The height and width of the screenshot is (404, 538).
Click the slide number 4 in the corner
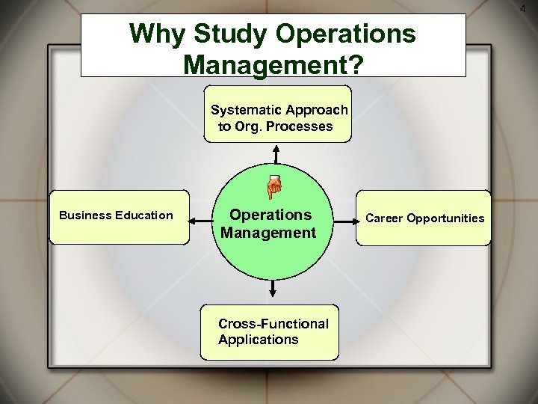(x=532, y=7)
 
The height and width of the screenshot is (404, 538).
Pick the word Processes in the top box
(x=297, y=126)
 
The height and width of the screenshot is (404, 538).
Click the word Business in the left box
(x=85, y=215)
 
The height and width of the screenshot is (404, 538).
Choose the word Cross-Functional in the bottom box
(x=273, y=324)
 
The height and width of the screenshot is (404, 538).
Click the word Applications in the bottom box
(x=258, y=340)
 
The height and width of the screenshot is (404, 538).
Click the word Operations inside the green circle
(x=270, y=215)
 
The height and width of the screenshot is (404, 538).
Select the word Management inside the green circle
(x=268, y=233)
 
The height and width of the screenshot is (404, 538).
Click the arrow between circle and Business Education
(x=202, y=221)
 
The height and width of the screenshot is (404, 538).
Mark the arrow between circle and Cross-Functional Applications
(x=273, y=290)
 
